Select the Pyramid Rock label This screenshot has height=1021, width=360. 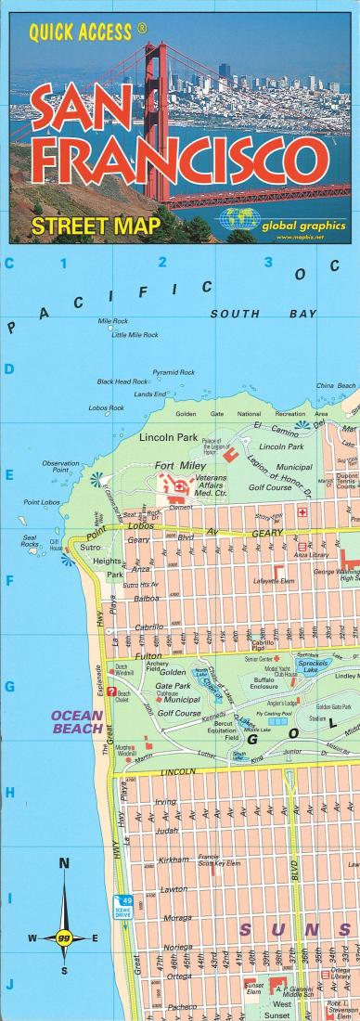pos(173,371)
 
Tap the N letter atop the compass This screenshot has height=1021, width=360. pos(64,863)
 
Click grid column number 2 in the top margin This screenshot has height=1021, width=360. pos(163,263)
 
